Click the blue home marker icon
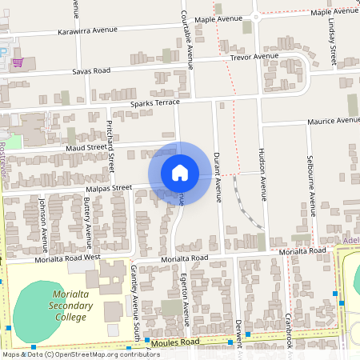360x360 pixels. pos(179,172)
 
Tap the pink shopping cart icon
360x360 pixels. pos(18,62)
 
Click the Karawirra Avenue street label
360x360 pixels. pos(87,31)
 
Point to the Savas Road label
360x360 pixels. pos(90,70)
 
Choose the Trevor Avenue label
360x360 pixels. pos(254,57)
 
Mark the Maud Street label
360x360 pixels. pos(86,147)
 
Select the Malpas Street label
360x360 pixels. pos(108,188)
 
